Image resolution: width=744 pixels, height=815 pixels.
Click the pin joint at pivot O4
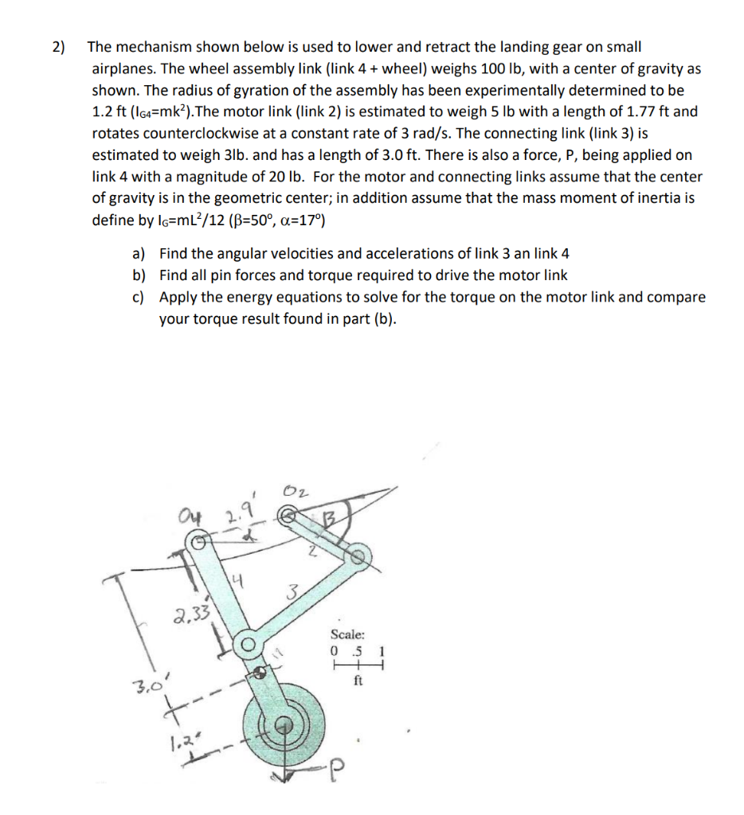point(201,542)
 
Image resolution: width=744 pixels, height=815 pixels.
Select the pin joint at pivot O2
point(288,517)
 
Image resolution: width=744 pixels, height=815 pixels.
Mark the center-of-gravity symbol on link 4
point(260,673)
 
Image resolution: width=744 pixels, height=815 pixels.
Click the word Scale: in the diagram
point(348,634)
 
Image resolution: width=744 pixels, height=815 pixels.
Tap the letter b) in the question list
point(139,275)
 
